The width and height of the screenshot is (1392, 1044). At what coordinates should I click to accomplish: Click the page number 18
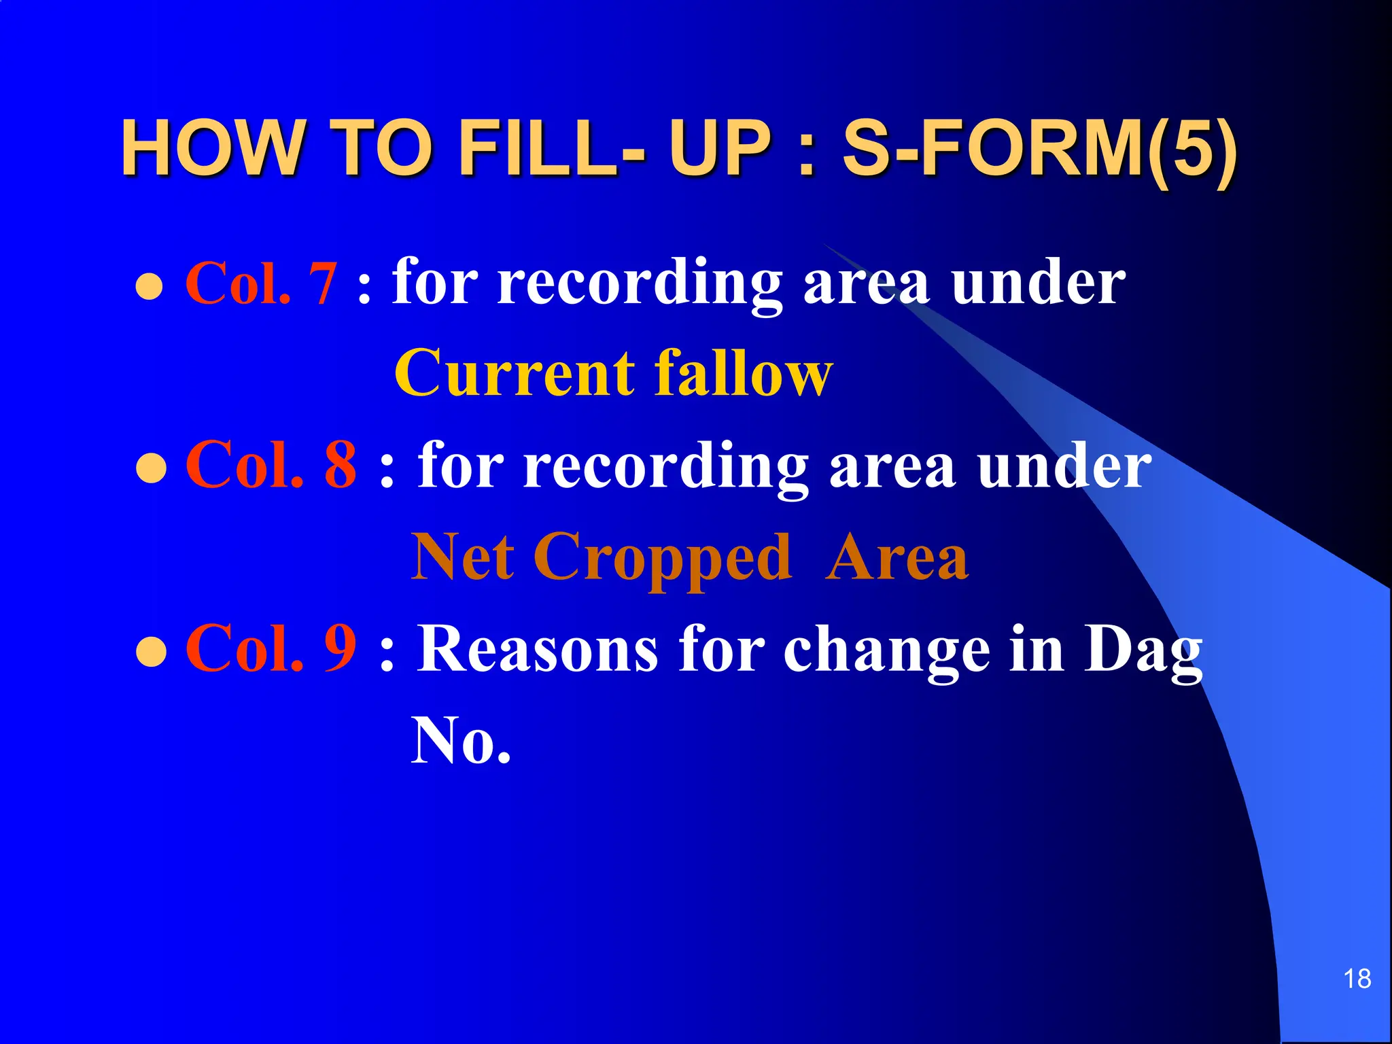tap(1357, 979)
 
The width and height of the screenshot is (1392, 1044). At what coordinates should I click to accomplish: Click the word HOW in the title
tap(211, 147)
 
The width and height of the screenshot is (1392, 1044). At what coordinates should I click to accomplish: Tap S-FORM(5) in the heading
tap(1039, 147)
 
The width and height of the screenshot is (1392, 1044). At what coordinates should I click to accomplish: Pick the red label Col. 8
tap(271, 465)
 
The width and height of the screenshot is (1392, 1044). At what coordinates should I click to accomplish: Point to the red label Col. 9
tap(271, 648)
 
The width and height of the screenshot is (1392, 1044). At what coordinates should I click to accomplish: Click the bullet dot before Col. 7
tap(150, 287)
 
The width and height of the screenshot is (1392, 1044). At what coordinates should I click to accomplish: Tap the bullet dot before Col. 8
tap(151, 469)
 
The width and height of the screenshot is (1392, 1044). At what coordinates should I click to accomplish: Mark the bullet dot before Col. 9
tap(151, 651)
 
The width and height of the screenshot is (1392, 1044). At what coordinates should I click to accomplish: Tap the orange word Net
tap(462, 557)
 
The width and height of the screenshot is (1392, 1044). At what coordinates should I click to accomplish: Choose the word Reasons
tap(537, 649)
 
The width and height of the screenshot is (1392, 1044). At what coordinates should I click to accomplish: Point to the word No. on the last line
tap(460, 741)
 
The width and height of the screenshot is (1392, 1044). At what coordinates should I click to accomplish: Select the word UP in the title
tap(720, 147)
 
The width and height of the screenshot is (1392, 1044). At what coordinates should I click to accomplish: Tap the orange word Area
tap(897, 557)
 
